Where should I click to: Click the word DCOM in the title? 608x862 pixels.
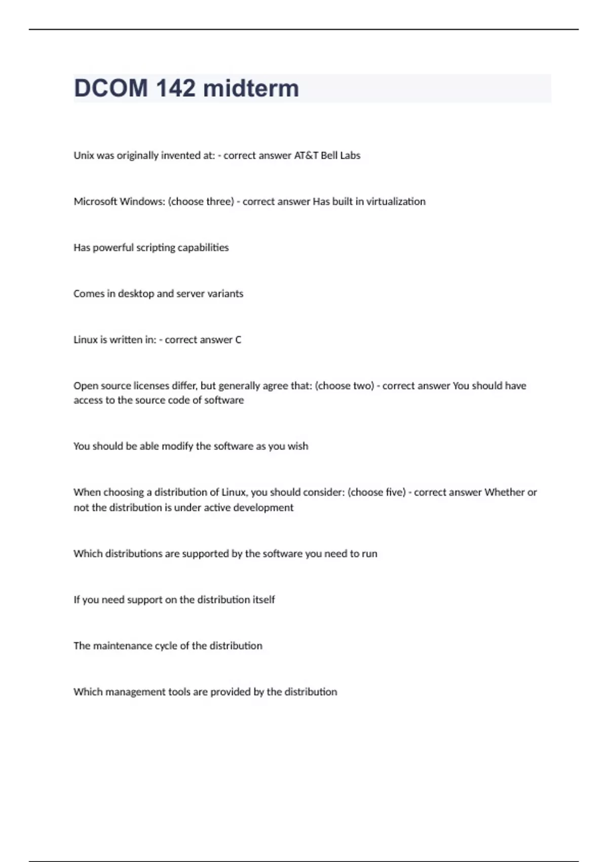tap(111, 88)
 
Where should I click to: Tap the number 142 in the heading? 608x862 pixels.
tap(175, 88)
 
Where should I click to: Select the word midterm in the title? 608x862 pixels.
tap(251, 88)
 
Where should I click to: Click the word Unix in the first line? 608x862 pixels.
tap(84, 156)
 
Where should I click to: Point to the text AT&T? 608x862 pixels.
tap(306, 156)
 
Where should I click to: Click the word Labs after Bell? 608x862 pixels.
tap(350, 156)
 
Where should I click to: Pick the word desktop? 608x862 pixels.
tap(136, 294)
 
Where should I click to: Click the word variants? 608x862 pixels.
tap(224, 294)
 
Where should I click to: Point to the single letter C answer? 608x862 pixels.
tap(238, 340)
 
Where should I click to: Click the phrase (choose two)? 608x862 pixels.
tap(345, 386)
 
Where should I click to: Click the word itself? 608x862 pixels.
tap(263, 600)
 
